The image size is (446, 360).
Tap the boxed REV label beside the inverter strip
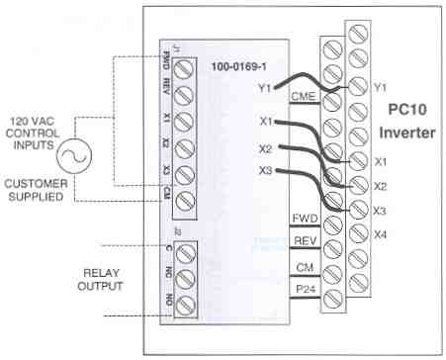303,242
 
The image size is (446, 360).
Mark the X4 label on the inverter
381,233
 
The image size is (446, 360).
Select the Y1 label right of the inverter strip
381,88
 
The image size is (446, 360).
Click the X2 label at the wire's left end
264,148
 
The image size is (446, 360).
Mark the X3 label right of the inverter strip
381,209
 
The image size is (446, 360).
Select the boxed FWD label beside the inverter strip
303,217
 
